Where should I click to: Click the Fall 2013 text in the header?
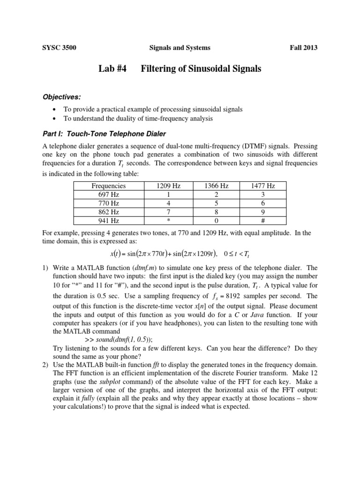coord(304,48)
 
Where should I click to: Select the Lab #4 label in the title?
coord(112,69)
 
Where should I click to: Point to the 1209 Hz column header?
coord(168,186)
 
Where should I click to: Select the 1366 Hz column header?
coord(216,186)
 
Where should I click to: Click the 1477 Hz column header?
coord(262,186)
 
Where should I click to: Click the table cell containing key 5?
coord(216,203)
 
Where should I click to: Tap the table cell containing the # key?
coord(262,220)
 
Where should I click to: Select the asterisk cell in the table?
coord(168,220)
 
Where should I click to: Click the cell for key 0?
coord(216,220)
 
